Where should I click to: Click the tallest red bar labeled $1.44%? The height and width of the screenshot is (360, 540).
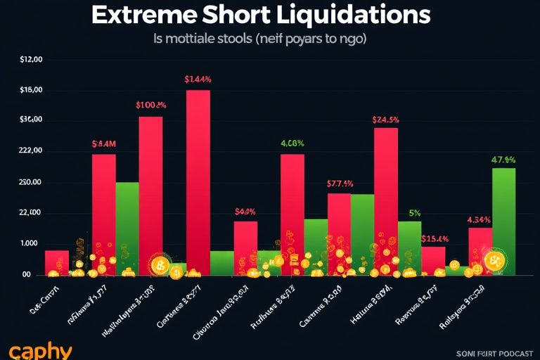tap(198, 176)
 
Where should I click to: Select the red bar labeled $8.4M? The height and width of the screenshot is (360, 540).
tap(104, 211)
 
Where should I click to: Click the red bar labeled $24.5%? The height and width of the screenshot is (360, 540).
tap(385, 197)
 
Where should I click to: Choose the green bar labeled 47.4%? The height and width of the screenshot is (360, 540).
tap(503, 218)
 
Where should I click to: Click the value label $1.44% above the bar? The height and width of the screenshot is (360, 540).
tap(198, 79)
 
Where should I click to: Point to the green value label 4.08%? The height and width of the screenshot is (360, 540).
tap(292, 143)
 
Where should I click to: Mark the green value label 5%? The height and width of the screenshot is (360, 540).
tap(414, 213)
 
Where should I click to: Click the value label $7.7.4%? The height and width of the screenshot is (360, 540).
tap(340, 184)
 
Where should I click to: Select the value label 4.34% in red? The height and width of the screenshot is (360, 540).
tap(480, 219)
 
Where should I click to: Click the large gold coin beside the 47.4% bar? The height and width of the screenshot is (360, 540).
tap(494, 262)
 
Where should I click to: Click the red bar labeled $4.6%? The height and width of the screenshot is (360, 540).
tap(245, 246)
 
